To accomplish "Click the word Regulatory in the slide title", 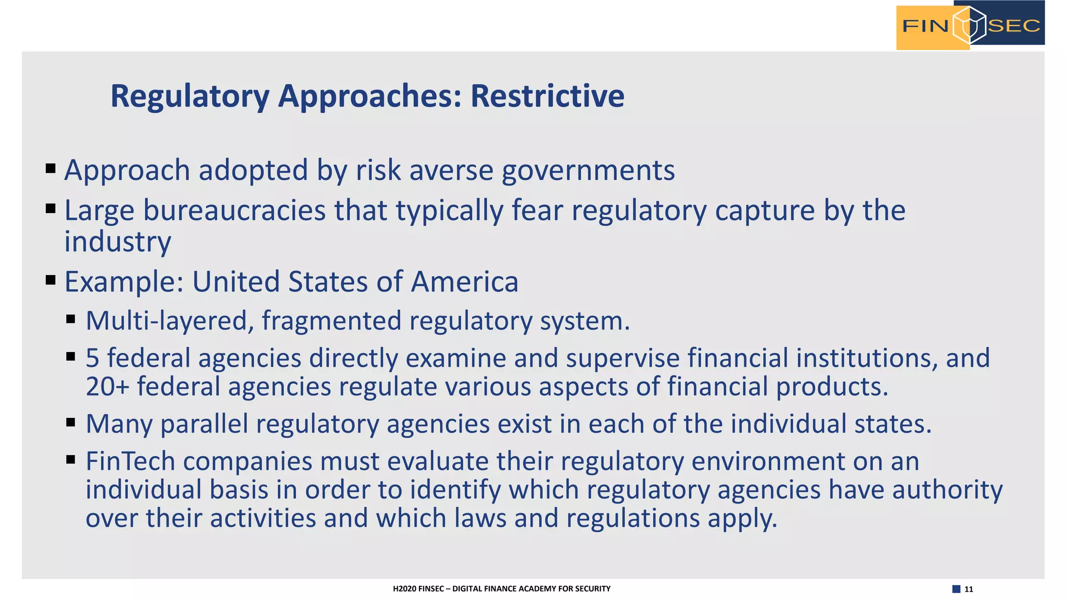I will click(x=190, y=97).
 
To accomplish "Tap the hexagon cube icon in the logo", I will click(x=969, y=25).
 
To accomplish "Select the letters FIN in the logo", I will click(x=925, y=26).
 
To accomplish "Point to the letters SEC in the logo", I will click(x=1014, y=26).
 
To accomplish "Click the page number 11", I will click(x=969, y=589).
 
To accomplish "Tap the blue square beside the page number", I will click(x=956, y=589).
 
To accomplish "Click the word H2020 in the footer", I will click(x=404, y=589).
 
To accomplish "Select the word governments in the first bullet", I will click(x=588, y=170).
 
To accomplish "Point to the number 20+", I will click(x=107, y=387).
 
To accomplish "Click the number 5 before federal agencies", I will click(x=92, y=358).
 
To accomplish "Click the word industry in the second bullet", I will click(x=118, y=242).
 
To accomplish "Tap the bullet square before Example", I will click(x=50, y=280).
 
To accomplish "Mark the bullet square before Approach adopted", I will click(x=50, y=168).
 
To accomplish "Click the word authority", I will click(x=947, y=490).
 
